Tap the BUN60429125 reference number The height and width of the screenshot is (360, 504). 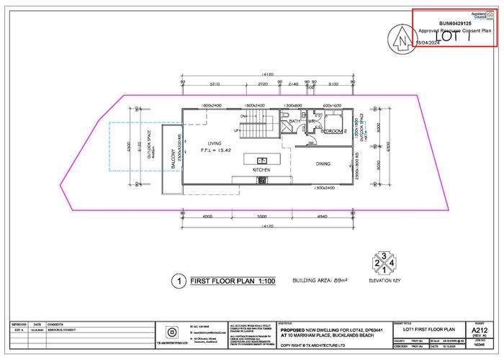455,23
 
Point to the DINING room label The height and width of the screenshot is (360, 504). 323,163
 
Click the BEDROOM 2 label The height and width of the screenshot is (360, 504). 334,132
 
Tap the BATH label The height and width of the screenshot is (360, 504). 294,122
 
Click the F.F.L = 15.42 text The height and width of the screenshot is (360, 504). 215,151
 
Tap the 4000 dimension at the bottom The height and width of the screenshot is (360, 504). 207,215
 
